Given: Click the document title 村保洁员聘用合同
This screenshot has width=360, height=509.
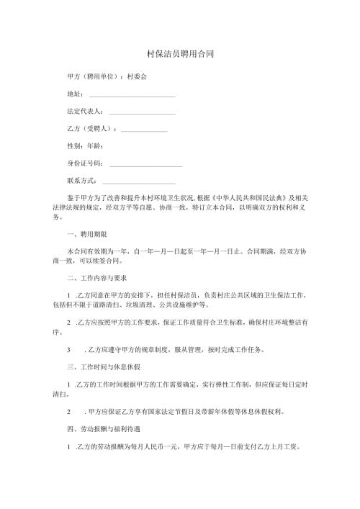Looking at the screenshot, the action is (179, 54).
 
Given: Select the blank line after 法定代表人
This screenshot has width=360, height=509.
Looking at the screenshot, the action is (142, 112).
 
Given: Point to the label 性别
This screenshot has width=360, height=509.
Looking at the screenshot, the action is (73, 147).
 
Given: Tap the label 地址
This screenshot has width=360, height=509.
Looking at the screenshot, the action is (74, 94).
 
